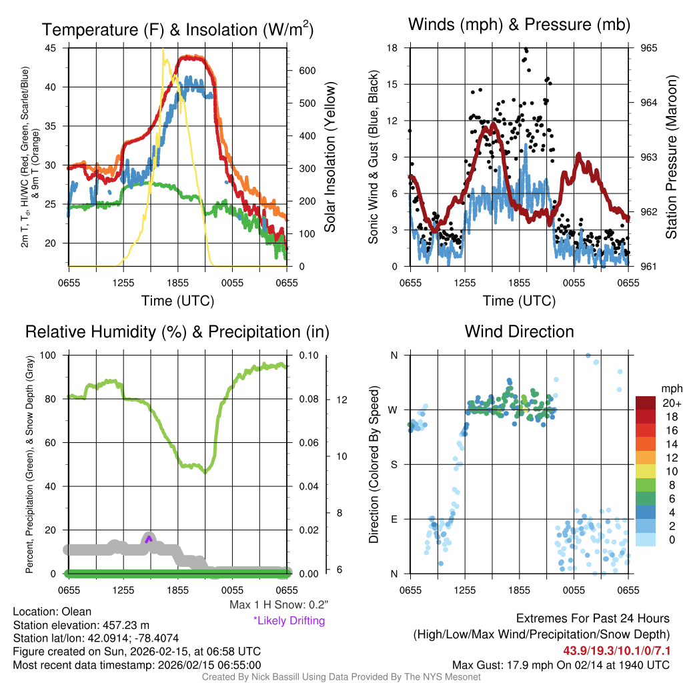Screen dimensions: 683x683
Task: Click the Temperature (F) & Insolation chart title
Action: pos(177,30)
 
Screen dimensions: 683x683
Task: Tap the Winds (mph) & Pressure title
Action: pos(519,25)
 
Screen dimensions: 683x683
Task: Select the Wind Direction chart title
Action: pos(519,331)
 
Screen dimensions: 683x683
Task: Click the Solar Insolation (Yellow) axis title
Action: pos(329,157)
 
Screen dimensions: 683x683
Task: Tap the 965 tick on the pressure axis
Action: pos(649,48)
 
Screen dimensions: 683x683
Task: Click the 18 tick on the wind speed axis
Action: pos(392,48)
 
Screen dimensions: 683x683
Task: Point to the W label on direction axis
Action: pos(394,410)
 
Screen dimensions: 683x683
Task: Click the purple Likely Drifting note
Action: pos(289,621)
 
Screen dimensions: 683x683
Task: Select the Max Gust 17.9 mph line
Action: pos(560,665)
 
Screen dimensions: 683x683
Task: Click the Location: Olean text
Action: pos(52,612)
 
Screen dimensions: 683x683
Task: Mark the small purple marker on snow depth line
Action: pos(149,539)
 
